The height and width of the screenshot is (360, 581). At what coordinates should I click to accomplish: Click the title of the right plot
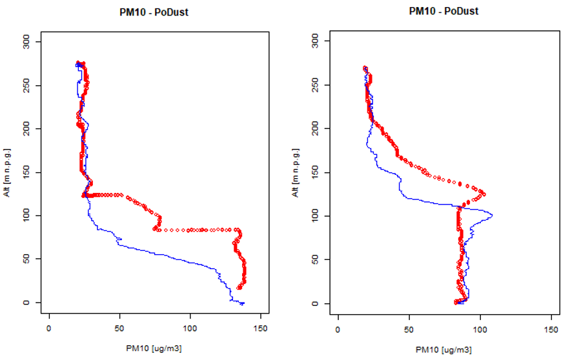point(443,11)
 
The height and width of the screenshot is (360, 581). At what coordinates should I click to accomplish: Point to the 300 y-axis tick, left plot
point(37,42)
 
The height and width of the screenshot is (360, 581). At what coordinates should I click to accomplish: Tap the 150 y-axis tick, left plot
point(37,172)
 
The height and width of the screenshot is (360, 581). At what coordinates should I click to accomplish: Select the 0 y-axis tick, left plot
point(37,303)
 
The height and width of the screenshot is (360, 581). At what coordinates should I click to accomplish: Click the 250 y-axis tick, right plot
point(325,85)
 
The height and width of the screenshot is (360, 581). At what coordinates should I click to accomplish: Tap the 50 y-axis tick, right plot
point(325,259)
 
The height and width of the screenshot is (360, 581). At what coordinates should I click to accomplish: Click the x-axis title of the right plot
point(443,350)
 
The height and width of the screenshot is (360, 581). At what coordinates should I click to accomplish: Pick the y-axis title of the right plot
point(299,172)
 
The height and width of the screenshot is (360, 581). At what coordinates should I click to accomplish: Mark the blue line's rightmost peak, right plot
point(493,215)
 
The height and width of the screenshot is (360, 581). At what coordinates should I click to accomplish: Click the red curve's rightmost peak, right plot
point(484,194)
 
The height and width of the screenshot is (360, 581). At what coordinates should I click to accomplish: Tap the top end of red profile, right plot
point(365,68)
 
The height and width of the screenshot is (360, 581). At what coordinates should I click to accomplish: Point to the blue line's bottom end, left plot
point(243,303)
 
